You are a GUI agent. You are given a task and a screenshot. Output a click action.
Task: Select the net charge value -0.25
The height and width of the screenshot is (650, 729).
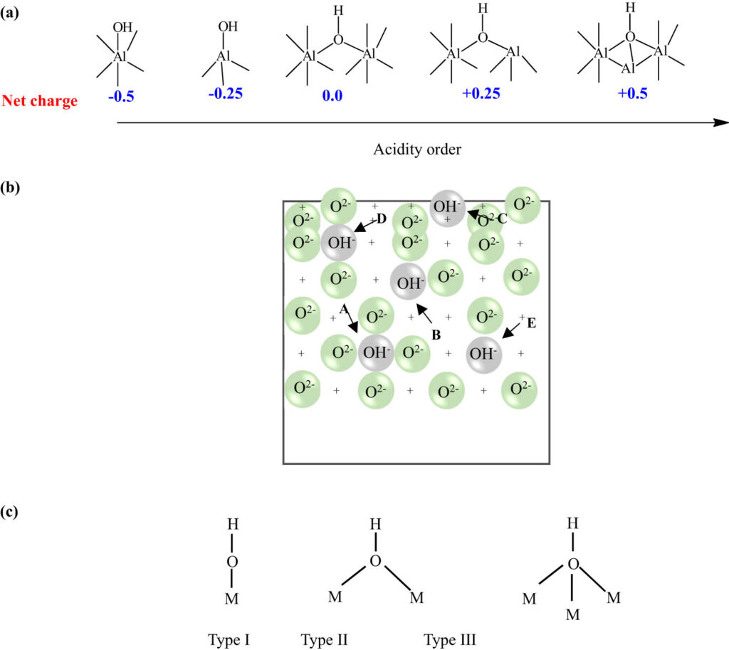pos(225,94)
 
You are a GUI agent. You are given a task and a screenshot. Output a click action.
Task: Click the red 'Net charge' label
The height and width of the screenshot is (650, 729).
pos(40,101)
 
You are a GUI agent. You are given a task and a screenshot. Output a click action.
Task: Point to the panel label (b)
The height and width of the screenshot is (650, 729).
pos(10,189)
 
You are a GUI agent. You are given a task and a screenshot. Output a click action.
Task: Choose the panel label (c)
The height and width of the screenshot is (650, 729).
pos(10,512)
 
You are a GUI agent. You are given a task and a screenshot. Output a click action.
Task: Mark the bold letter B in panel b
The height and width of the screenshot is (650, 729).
pos(436,333)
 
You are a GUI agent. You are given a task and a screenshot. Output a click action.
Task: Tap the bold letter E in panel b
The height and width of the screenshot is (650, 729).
pos(532,323)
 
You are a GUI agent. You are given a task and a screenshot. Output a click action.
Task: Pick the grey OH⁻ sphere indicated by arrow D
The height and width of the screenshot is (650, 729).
pos(338,242)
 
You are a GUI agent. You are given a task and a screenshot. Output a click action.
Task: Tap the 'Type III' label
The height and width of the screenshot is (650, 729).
pos(450,639)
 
